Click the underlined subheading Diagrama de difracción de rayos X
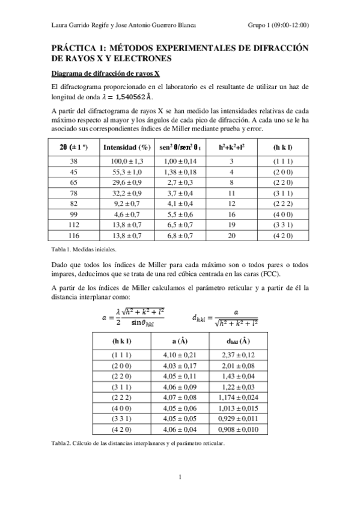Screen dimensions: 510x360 [105, 74]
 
